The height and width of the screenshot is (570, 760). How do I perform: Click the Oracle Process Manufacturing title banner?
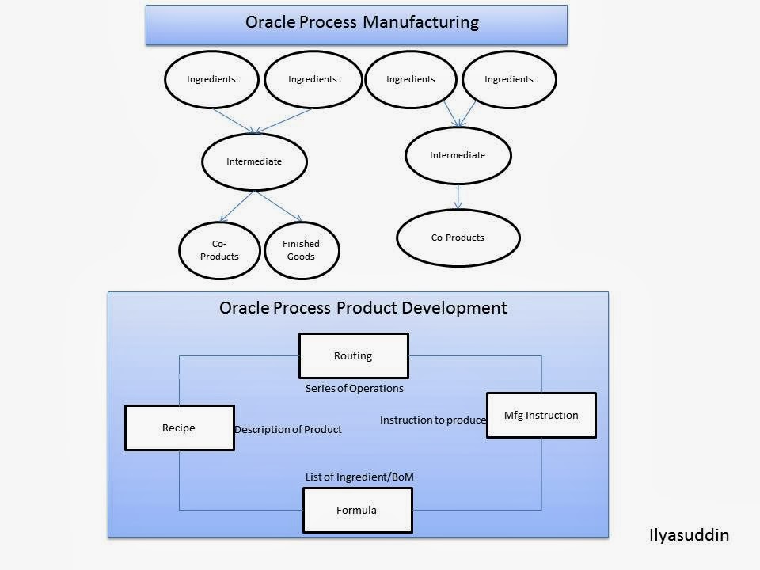(356, 24)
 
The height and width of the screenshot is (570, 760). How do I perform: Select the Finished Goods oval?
(301, 250)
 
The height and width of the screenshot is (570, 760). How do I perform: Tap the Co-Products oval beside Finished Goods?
(219, 250)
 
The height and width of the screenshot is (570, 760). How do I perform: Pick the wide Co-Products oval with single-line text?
(458, 237)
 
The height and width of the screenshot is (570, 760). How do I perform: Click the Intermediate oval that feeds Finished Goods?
(254, 161)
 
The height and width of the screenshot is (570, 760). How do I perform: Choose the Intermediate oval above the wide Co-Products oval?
(458, 155)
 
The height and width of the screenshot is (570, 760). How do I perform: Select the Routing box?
(353, 356)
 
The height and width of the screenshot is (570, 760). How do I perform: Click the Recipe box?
(179, 428)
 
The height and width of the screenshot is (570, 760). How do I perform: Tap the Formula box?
(357, 510)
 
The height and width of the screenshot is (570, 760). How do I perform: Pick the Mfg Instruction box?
(541, 415)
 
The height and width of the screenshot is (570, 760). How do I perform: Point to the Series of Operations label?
(354, 389)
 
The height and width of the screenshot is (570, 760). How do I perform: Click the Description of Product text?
(288, 429)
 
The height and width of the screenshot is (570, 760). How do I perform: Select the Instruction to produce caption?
(432, 420)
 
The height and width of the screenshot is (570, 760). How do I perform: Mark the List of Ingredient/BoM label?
(359, 477)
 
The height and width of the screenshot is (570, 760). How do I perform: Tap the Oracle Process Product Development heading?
(363, 307)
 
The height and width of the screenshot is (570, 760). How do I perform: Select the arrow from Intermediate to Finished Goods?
(279, 207)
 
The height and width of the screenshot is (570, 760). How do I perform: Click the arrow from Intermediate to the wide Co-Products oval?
(458, 196)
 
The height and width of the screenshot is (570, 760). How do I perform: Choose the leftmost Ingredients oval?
(211, 79)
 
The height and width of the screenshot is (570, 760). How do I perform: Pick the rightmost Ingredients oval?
(509, 79)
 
